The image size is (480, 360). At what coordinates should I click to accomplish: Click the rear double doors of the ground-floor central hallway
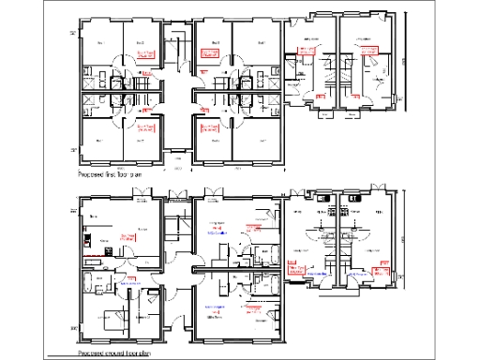tap(174, 196)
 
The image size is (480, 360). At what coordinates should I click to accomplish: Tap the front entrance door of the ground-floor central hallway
tap(174, 342)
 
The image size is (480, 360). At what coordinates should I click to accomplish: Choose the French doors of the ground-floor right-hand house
tap(355, 198)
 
